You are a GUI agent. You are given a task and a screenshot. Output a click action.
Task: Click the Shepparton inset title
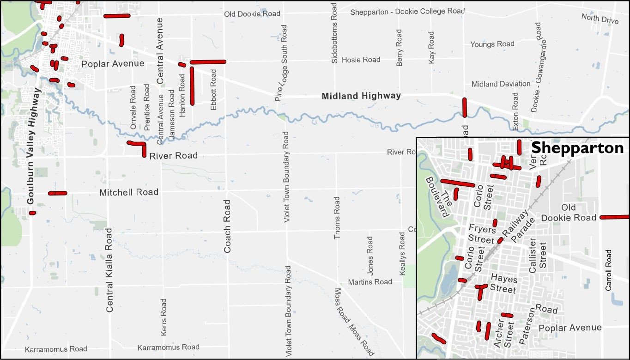click(577, 148)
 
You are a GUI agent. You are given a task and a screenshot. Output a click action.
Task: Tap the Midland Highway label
click(361, 96)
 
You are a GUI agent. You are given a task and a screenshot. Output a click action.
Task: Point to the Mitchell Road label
click(129, 192)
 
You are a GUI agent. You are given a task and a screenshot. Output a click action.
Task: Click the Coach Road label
click(227, 226)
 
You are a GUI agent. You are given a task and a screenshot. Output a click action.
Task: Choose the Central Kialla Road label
click(109, 276)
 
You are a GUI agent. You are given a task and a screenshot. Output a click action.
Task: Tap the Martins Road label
click(370, 282)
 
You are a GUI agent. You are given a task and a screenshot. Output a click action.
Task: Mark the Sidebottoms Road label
click(335, 33)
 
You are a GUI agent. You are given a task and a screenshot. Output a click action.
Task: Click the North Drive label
click(600, 18)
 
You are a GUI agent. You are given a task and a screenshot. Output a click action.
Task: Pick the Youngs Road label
click(492, 44)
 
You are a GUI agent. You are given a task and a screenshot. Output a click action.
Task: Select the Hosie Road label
click(361, 60)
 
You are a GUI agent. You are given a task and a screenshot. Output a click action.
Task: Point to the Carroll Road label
click(608, 270)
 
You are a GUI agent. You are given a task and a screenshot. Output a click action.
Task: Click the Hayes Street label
click(503, 284)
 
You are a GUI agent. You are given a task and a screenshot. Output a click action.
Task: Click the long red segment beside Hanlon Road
click(192, 86)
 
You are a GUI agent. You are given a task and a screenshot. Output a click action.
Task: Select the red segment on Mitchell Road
click(58, 193)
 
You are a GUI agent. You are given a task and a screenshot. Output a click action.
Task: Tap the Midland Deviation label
click(501, 84)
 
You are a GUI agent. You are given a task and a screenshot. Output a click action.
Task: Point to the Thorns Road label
click(337, 218)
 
